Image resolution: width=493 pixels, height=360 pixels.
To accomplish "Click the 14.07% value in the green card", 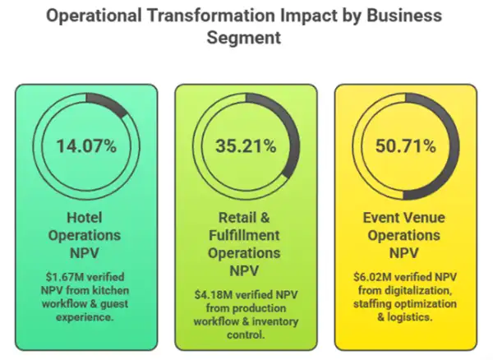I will tap(86, 147).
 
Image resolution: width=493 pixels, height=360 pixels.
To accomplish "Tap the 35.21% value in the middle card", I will tap(246, 147).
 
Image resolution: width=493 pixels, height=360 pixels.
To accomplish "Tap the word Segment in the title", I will tap(246, 39).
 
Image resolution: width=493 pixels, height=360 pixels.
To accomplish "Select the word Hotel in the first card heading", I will tap(86, 218).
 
